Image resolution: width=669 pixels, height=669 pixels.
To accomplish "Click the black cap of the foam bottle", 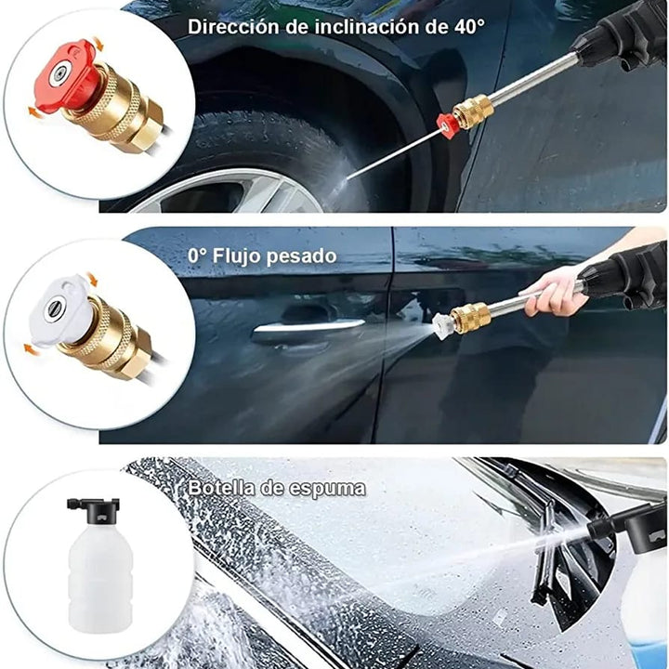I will coord(93,507).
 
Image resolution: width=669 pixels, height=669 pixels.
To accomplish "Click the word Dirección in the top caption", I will coord(235,26).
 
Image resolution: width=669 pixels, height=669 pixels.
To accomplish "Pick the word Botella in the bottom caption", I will coord(222,488).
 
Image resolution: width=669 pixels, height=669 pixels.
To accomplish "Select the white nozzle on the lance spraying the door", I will coord(442,326).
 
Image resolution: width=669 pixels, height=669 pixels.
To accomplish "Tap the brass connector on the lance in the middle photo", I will coord(470,316).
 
